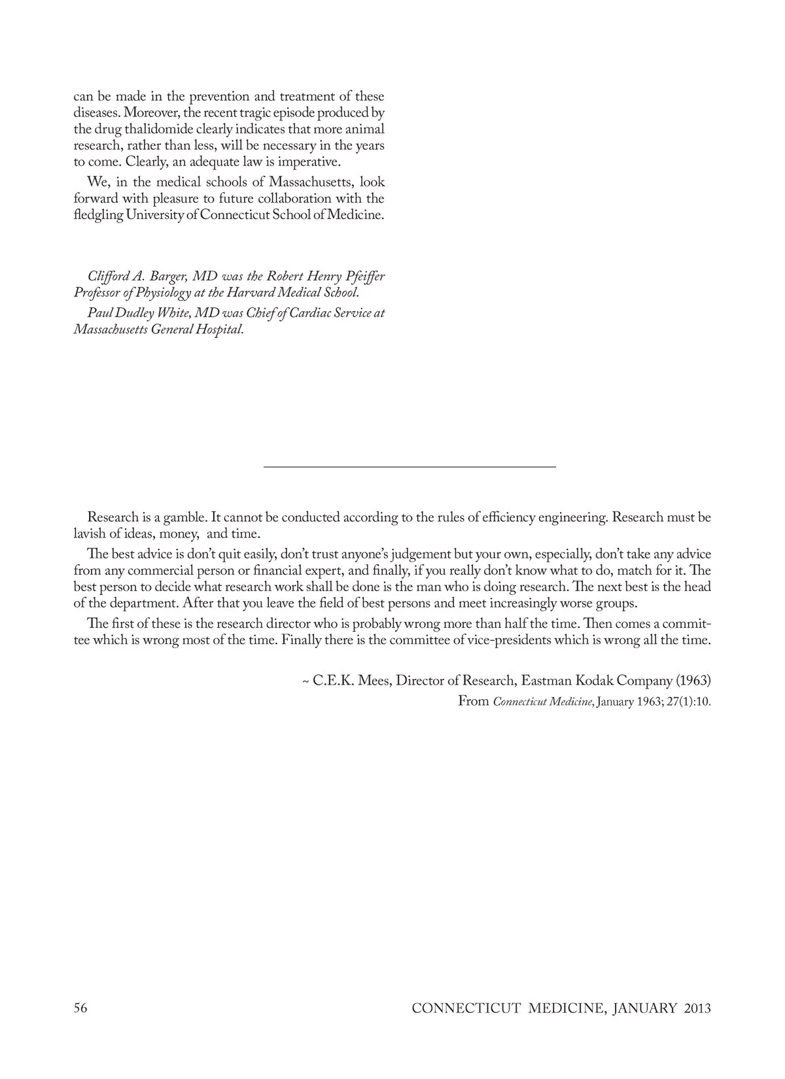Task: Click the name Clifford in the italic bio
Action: point(107,277)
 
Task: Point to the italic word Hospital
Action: point(217,330)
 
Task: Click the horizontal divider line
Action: point(410,466)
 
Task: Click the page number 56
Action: point(80,1008)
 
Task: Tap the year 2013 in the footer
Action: point(697,1008)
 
